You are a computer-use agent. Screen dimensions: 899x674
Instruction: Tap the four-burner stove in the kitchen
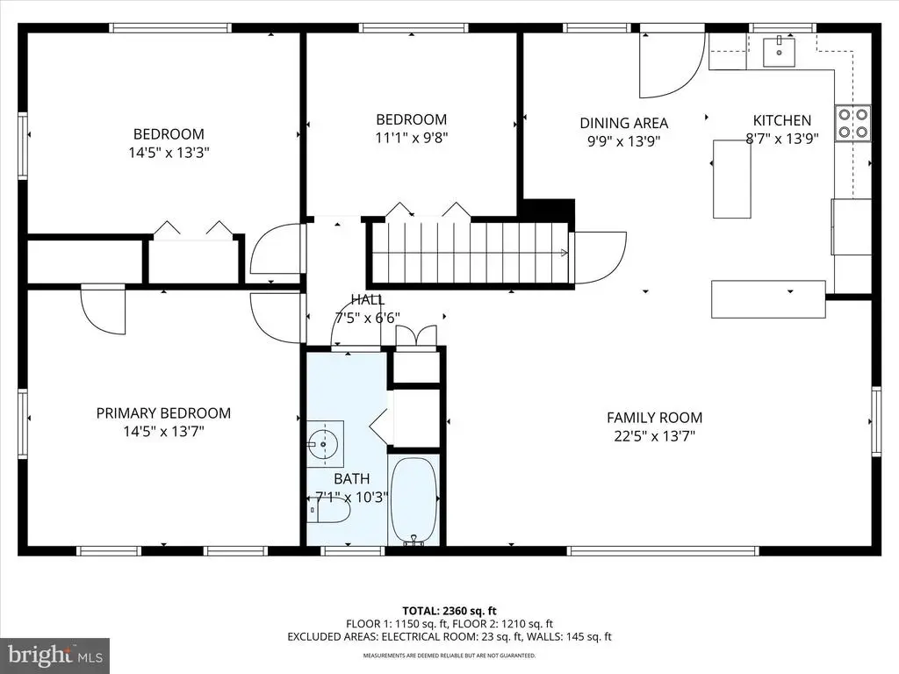point(852,123)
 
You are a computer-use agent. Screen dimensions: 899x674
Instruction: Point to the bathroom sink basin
point(325,444)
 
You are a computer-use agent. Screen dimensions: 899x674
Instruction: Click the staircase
point(471,252)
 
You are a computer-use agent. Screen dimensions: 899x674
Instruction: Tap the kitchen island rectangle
point(732,179)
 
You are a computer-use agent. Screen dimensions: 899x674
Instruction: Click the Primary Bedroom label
point(163,412)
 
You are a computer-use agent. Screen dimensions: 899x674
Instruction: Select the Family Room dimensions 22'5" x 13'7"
point(654,436)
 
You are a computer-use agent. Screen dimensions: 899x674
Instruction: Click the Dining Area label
point(624,123)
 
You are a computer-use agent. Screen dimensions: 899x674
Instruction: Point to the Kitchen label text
point(782,120)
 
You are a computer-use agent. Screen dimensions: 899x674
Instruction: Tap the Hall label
point(368,299)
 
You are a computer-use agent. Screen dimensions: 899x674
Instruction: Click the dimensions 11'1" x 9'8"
point(411,138)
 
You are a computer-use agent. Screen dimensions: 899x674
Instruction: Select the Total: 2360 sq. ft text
point(449,611)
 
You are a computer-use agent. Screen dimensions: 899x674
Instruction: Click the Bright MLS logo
point(55,655)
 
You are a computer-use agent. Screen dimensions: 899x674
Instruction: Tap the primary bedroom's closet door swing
point(103,309)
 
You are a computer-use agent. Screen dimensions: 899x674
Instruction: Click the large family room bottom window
point(664,551)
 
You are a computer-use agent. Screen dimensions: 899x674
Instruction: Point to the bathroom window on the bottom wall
point(352,551)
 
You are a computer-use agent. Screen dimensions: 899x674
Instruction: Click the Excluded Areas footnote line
point(449,636)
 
